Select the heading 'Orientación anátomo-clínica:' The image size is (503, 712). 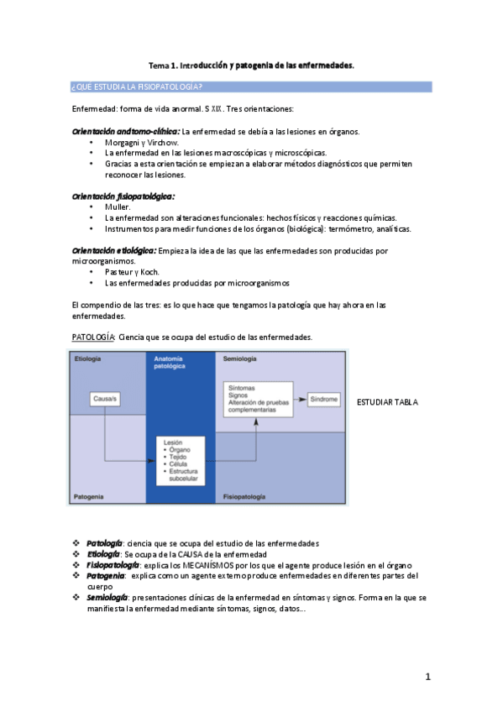click(x=126, y=132)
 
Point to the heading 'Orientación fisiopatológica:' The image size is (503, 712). click(x=123, y=196)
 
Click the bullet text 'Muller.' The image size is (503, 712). click(x=118, y=207)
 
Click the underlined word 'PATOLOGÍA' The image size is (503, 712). click(x=93, y=337)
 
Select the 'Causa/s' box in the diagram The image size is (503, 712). click(x=105, y=399)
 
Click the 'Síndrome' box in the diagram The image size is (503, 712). click(x=323, y=398)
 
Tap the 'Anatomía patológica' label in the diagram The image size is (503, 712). click(x=170, y=363)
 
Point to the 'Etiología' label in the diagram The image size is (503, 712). click(x=88, y=359)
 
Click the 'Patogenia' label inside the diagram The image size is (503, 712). click(x=90, y=497)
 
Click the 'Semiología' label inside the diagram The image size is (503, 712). click(x=239, y=359)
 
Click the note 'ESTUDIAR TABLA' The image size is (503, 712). click(x=388, y=402)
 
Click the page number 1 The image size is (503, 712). click(x=427, y=677)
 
